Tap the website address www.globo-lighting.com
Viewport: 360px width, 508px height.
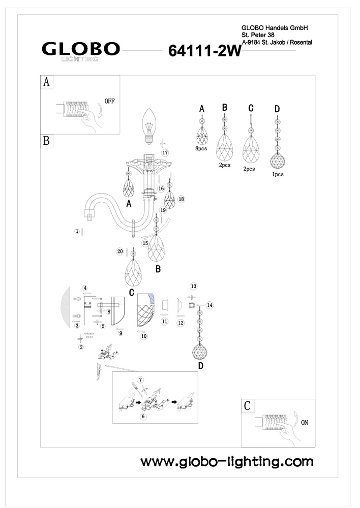[x=227, y=462]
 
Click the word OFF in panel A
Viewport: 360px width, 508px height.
[x=109, y=101]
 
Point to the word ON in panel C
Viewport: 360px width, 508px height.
[x=305, y=422]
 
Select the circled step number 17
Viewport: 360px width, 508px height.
[x=164, y=152]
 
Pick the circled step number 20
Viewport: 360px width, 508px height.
[x=120, y=251]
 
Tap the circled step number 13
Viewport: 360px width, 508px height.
[x=193, y=287]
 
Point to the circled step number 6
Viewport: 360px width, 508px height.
[x=143, y=416]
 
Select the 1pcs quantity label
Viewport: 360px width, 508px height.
[x=278, y=174]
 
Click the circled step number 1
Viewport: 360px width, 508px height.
[x=77, y=231]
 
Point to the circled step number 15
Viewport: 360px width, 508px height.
[x=145, y=243]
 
